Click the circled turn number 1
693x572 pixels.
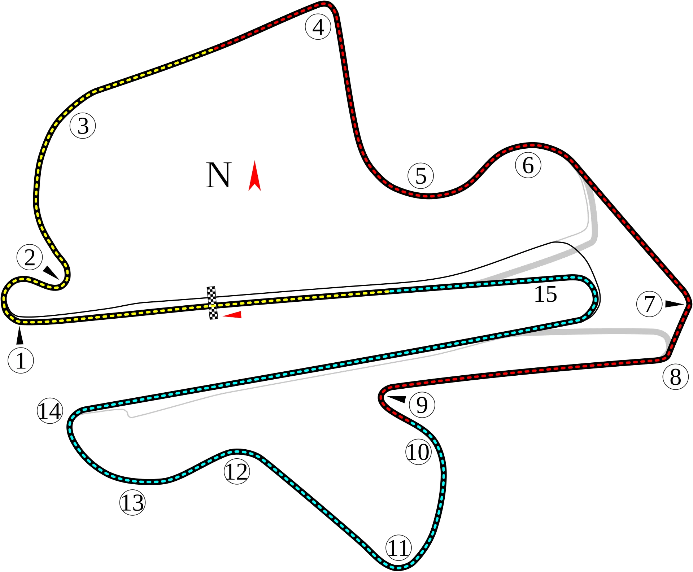click(21, 360)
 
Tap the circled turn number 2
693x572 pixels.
click(30, 257)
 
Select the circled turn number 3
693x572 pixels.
click(83, 126)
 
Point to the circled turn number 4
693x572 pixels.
click(318, 27)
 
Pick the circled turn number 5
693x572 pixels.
click(420, 176)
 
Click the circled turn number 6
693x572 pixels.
click(528, 165)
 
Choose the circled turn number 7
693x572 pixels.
click(649, 304)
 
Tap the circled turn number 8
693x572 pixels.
click(676, 377)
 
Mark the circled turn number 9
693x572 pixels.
click(422, 405)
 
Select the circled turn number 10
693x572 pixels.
click(418, 451)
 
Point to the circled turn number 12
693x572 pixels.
click(237, 471)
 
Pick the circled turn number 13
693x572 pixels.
click(132, 502)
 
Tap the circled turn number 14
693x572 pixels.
click(50, 411)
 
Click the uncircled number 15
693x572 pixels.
click(545, 294)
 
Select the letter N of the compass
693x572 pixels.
click(218, 175)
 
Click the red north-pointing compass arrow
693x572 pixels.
click(254, 175)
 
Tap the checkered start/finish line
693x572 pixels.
click(212, 303)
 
